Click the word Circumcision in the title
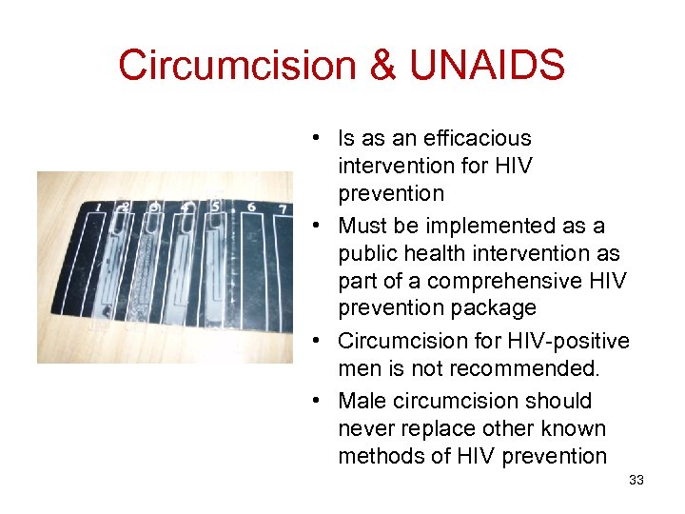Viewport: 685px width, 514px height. (233, 66)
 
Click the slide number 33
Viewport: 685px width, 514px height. (636, 480)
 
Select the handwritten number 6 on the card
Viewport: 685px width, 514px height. (251, 207)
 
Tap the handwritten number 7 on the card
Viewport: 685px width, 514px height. (283, 208)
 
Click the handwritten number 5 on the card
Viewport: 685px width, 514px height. (216, 205)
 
